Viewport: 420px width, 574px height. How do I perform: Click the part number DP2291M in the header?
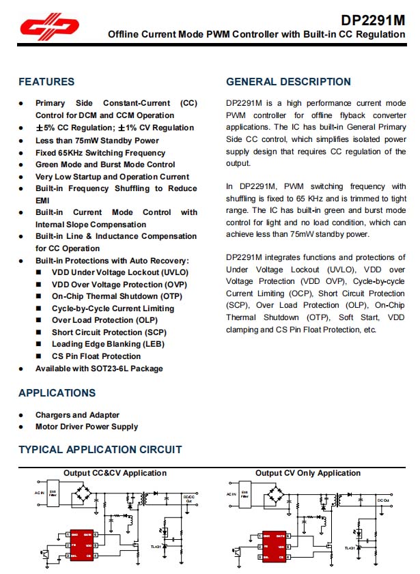click(x=372, y=20)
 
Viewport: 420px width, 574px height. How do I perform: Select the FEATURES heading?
click(x=46, y=82)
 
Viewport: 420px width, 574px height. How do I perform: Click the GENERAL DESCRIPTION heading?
click(x=288, y=82)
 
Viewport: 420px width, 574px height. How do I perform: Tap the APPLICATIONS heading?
click(x=57, y=393)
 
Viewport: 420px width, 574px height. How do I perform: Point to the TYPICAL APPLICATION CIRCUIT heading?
click(x=100, y=449)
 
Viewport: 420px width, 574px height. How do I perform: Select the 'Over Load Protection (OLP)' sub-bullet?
click(x=104, y=320)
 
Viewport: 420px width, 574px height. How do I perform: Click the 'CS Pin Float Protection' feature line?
click(x=96, y=356)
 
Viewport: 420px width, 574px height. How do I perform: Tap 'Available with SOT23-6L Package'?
click(x=99, y=369)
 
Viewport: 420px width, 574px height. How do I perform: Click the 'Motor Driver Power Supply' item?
click(x=87, y=427)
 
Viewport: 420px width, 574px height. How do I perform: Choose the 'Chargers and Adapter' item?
click(x=77, y=415)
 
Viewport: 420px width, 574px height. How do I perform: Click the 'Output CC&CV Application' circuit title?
click(x=115, y=473)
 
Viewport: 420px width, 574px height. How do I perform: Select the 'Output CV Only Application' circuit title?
click(x=308, y=473)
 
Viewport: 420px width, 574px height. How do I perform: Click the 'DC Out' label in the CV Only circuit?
click(x=383, y=500)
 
